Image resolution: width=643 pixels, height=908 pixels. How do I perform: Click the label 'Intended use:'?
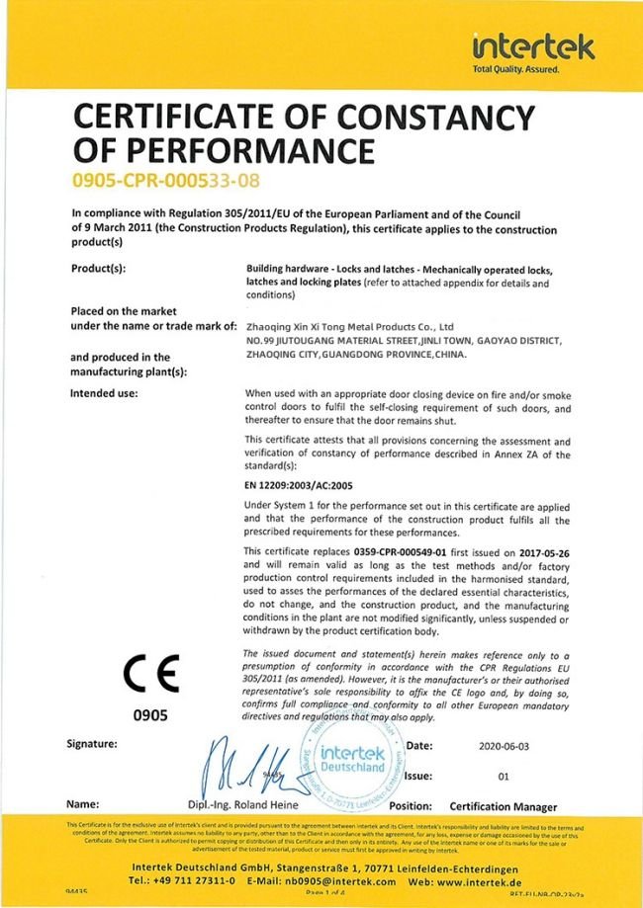pos(104,393)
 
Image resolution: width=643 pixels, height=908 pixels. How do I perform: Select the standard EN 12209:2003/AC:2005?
pos(299,485)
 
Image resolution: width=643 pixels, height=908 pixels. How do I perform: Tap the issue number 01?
pos(503,777)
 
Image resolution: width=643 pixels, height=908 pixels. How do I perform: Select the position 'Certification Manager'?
pos(503,807)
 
